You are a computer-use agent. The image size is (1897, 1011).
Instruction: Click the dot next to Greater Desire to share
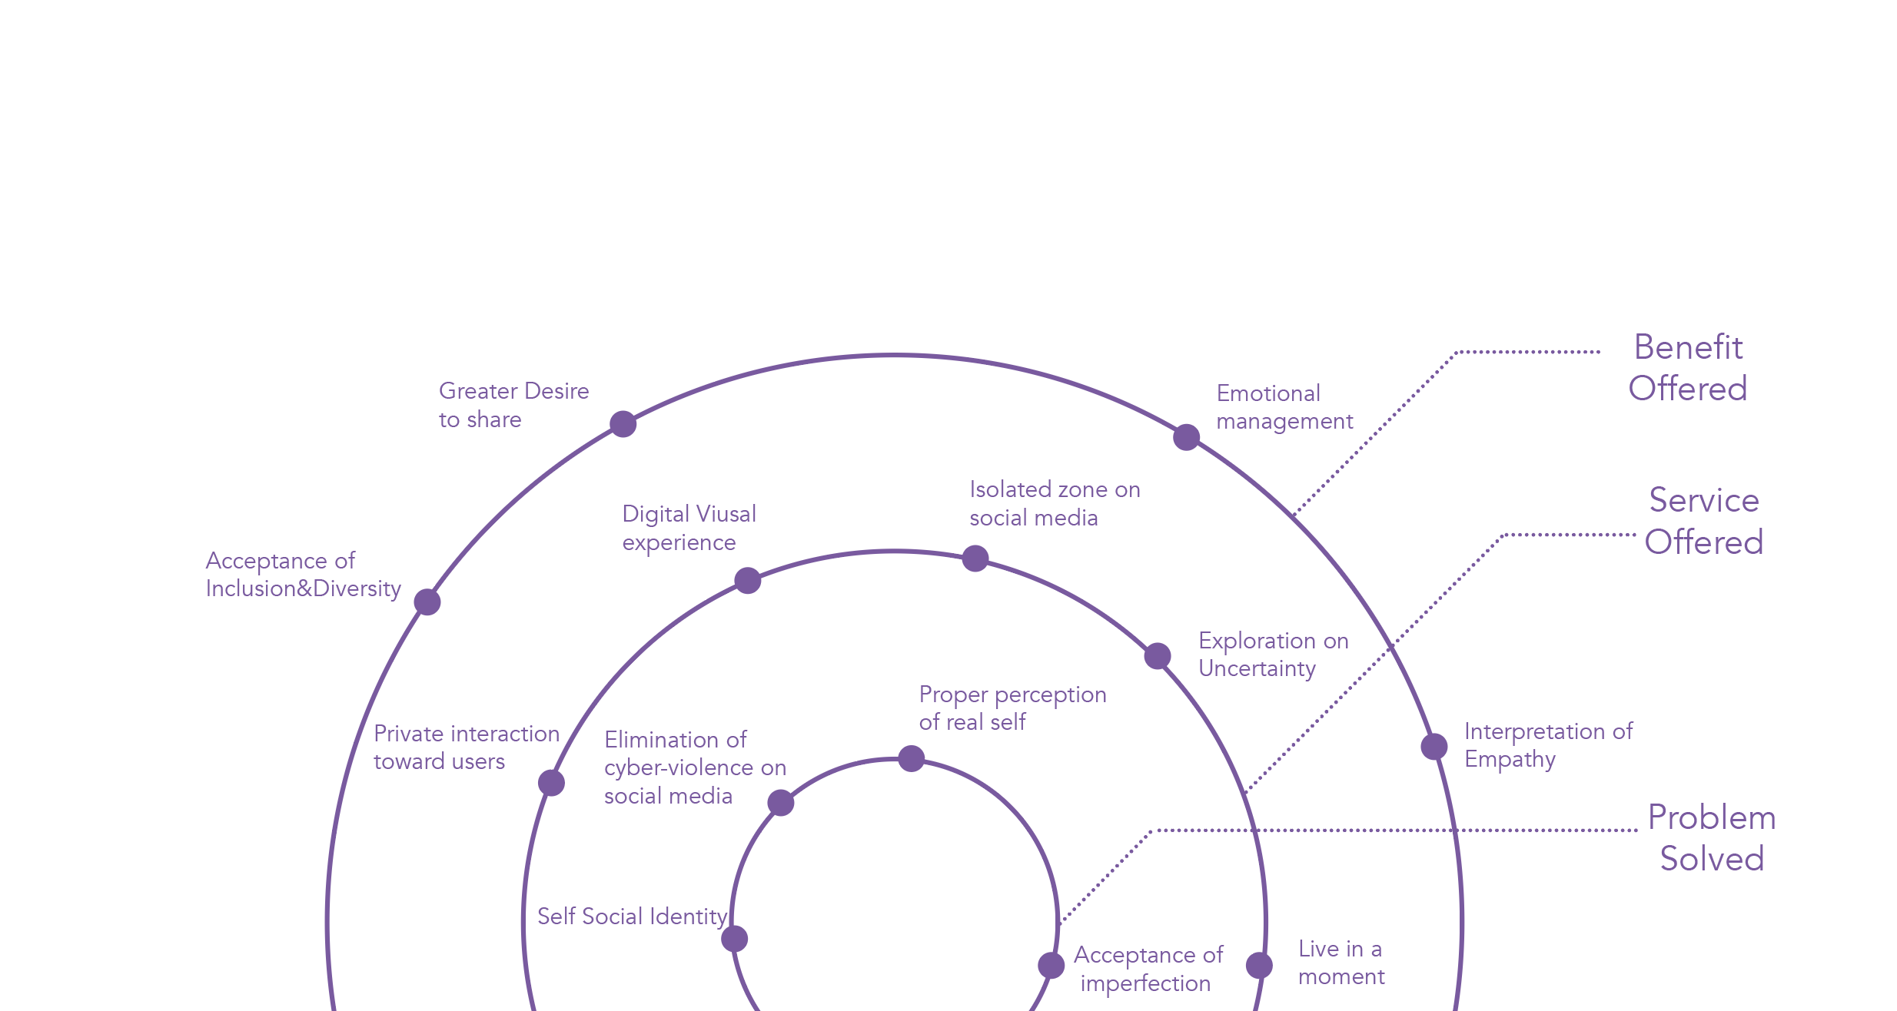[x=623, y=423]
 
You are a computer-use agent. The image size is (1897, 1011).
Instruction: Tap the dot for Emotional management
[x=1186, y=437]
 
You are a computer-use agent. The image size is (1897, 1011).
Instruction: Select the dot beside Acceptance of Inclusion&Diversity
[x=427, y=602]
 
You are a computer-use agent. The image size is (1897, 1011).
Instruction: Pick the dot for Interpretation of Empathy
[x=1434, y=746]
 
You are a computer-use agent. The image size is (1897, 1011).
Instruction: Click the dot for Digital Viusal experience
[x=747, y=580]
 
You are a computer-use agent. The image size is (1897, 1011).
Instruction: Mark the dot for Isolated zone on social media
[x=975, y=559]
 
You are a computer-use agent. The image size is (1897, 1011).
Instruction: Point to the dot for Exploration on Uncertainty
[x=1158, y=655]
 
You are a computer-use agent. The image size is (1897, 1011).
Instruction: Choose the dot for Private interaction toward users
[x=551, y=783]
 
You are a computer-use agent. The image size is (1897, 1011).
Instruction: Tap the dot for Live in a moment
[x=1259, y=966]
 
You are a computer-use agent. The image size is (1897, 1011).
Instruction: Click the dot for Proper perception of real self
[x=912, y=758]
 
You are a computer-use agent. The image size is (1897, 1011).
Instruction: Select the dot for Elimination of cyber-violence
[x=781, y=803]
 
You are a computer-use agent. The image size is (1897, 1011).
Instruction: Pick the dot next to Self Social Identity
[x=735, y=938]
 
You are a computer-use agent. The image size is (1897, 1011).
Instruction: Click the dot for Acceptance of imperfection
[x=1051, y=966]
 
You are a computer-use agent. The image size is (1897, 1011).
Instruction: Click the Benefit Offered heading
[x=1688, y=368]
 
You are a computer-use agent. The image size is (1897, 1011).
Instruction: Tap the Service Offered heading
[x=1704, y=521]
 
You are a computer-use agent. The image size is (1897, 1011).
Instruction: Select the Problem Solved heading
[x=1712, y=838]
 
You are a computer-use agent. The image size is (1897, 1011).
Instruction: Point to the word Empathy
[x=1510, y=760]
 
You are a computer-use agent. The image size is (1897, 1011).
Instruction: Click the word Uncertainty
[x=1257, y=669]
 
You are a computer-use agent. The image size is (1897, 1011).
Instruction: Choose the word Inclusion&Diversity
[x=303, y=589]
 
